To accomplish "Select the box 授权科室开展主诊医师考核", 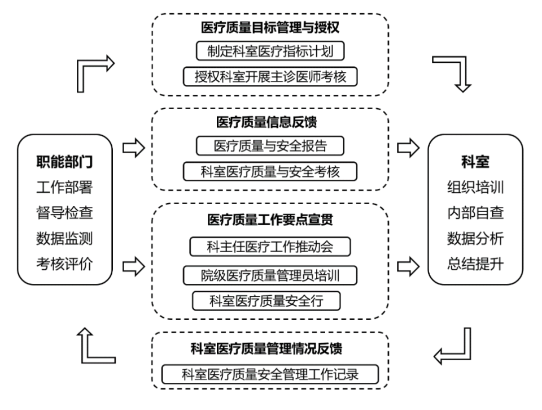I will [270, 76].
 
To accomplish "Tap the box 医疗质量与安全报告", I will [270, 146].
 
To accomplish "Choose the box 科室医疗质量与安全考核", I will [270, 171].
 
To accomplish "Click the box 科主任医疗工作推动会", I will [270, 247].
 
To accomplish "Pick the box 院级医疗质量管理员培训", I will [270, 275].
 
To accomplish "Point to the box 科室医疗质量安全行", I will [266, 301].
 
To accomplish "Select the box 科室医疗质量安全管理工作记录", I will [270, 374].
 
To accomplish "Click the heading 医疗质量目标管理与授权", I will [270, 28].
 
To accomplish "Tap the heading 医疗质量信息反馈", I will [270, 122].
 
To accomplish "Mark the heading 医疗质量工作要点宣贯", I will [270, 218].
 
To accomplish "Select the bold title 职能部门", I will [64, 162].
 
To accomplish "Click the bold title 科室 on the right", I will [475, 162].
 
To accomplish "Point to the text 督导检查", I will [64, 213].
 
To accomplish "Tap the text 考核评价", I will [64, 263].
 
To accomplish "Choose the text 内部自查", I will [475, 213].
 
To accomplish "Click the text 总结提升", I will [475, 263].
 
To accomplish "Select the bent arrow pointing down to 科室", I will [455, 71].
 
